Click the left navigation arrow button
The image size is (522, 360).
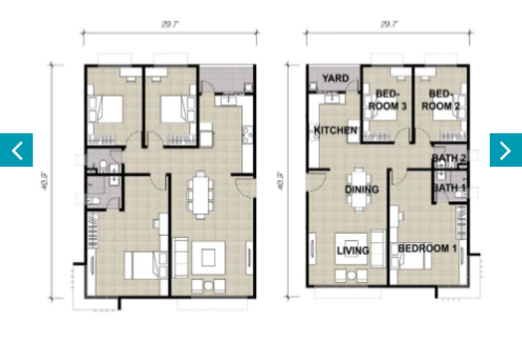(16, 150)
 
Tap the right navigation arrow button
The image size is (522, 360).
(506, 150)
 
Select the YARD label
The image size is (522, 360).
(335, 79)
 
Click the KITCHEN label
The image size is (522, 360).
(335, 130)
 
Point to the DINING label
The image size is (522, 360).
(362, 190)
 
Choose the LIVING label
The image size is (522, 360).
(352, 250)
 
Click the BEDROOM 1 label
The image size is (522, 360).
(427, 248)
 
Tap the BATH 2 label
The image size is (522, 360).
(449, 158)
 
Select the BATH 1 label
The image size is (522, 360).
(449, 188)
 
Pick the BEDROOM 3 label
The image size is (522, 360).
(388, 100)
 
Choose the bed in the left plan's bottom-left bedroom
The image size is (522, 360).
(142, 265)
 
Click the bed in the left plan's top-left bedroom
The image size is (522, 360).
(107, 108)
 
